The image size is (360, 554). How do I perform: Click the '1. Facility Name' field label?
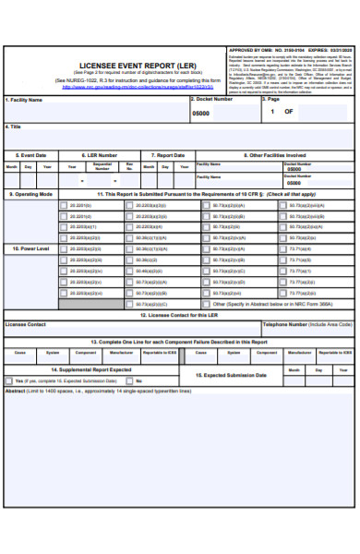pyautogui.click(x=25, y=100)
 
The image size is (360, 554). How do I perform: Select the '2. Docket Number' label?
pyautogui.click(x=211, y=99)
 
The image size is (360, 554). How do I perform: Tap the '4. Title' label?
pyautogui.click(x=14, y=126)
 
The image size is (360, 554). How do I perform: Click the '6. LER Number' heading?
pyautogui.click(x=100, y=155)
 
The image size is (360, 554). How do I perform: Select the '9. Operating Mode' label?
pyautogui.click(x=31, y=195)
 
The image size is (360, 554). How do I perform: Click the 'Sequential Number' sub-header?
pyautogui.click(x=102, y=167)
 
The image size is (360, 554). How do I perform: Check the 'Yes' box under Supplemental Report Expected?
pyautogui.click(x=9, y=380)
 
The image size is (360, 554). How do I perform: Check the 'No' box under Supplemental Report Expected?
pyautogui.click(x=128, y=380)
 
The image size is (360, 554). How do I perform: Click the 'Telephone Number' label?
pyautogui.click(x=306, y=325)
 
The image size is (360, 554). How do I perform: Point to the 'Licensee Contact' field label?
pyautogui.click(x=26, y=325)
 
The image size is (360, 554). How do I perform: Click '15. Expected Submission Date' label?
pyautogui.click(x=236, y=376)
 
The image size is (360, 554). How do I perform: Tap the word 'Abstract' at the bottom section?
pyautogui.click(x=16, y=391)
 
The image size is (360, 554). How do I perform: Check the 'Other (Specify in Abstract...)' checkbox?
pyautogui.click(x=206, y=304)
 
